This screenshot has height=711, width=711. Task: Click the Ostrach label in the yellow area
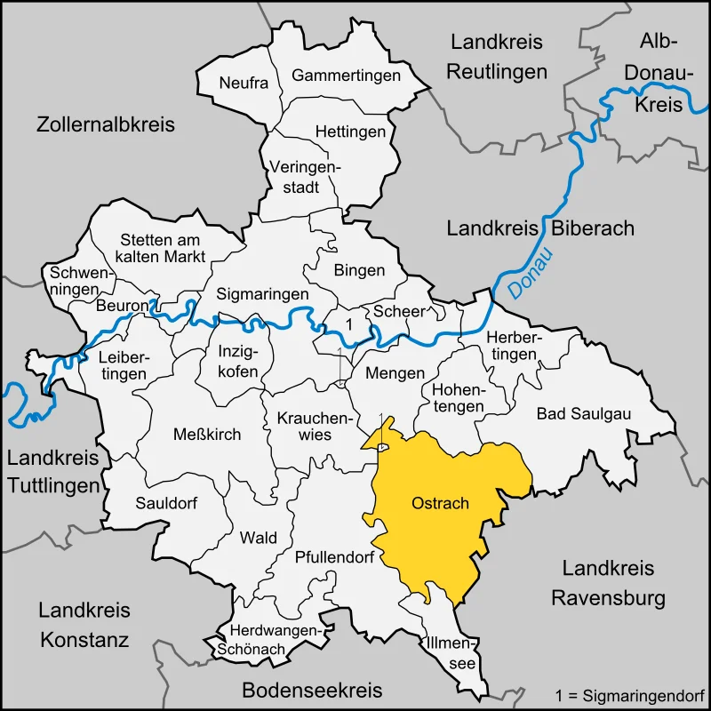[x=440, y=503]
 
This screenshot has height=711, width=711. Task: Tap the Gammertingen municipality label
[x=346, y=76]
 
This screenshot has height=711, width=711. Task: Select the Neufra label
[x=244, y=83]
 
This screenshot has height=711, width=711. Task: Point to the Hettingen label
[x=350, y=132]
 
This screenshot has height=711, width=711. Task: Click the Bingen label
[x=359, y=270]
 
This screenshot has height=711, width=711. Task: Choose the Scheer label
[x=398, y=311]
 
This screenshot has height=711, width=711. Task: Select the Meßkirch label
[x=206, y=433]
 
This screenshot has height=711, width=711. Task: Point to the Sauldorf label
[x=166, y=502]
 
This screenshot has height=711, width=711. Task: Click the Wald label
[x=259, y=538]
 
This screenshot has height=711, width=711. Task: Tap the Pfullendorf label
[x=331, y=558]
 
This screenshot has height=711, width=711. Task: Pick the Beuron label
[x=123, y=306]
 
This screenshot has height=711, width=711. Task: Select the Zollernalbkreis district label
[x=106, y=124]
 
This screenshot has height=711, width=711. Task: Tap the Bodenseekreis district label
[x=312, y=690]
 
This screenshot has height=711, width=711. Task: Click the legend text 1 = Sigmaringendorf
[x=628, y=693]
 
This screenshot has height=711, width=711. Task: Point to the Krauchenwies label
[x=304, y=426]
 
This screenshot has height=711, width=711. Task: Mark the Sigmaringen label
[x=263, y=293]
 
